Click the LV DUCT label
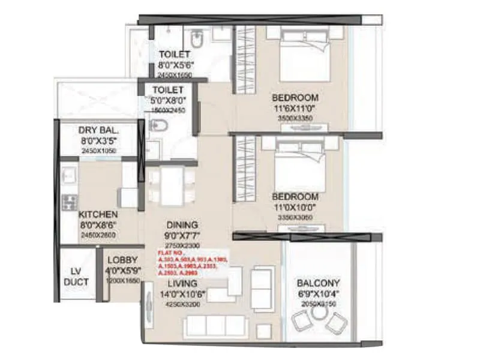77,277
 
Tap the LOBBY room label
123,260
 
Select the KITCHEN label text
98,214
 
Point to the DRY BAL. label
99,131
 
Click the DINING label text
183,226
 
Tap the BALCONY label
319,283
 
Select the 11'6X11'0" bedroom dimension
295,109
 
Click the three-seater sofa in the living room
216,326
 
